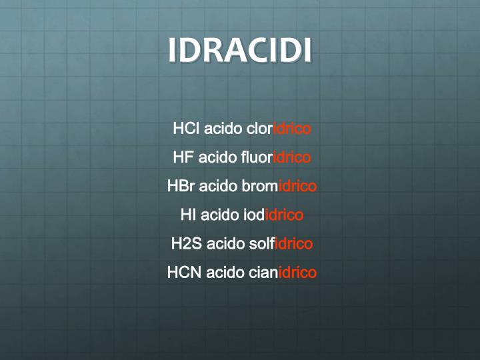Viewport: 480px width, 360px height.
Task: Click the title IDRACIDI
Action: point(240,51)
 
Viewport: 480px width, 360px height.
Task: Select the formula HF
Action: point(183,157)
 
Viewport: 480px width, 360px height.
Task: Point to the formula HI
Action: point(188,215)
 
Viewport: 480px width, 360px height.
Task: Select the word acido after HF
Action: point(217,157)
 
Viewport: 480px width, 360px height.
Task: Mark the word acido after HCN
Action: point(225,272)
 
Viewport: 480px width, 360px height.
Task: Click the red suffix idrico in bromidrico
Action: point(297,186)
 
